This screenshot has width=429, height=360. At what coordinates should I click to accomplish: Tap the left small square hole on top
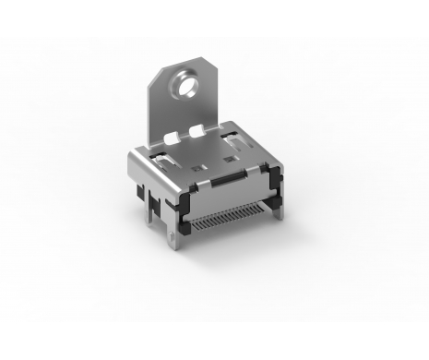click(196, 169)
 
